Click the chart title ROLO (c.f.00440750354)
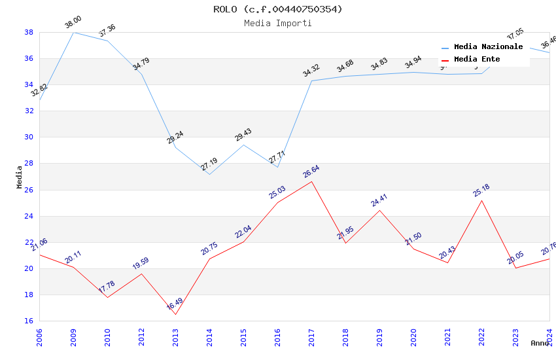[x=278, y=9]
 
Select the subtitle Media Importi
[x=278, y=24]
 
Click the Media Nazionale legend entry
[x=488, y=47]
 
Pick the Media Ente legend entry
[x=477, y=60]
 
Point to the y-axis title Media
[x=20, y=177]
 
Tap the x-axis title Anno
[x=540, y=343]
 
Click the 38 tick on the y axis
[x=29, y=32]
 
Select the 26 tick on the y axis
[x=29, y=190]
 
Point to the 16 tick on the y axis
[x=29, y=321]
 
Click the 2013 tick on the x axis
[x=175, y=335]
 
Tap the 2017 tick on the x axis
[x=311, y=335]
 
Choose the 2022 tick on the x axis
[x=481, y=335]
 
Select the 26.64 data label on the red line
[x=311, y=172]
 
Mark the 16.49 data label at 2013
[x=175, y=305]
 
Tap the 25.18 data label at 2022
[x=481, y=190]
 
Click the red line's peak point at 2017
[x=311, y=181]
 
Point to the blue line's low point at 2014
[x=209, y=174]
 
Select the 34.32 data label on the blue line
[x=311, y=71]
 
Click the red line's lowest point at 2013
[x=175, y=315]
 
